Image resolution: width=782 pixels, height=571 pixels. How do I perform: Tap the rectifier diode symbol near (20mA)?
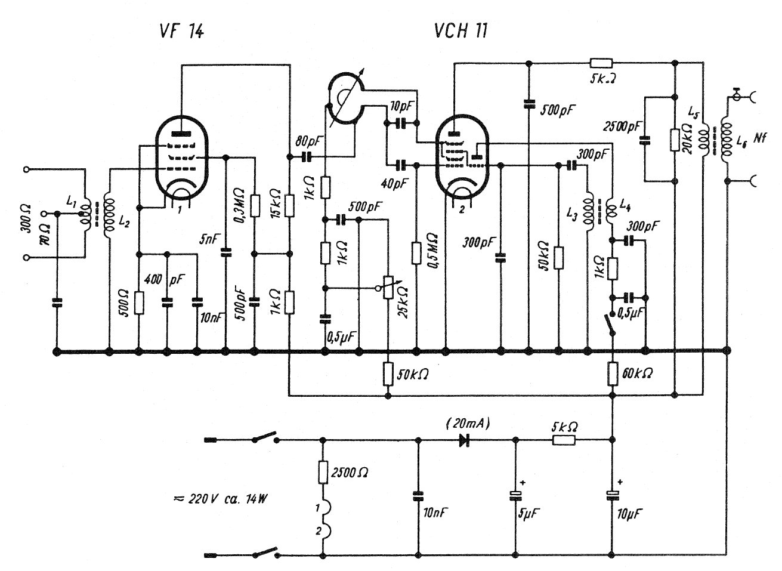(x=463, y=440)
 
